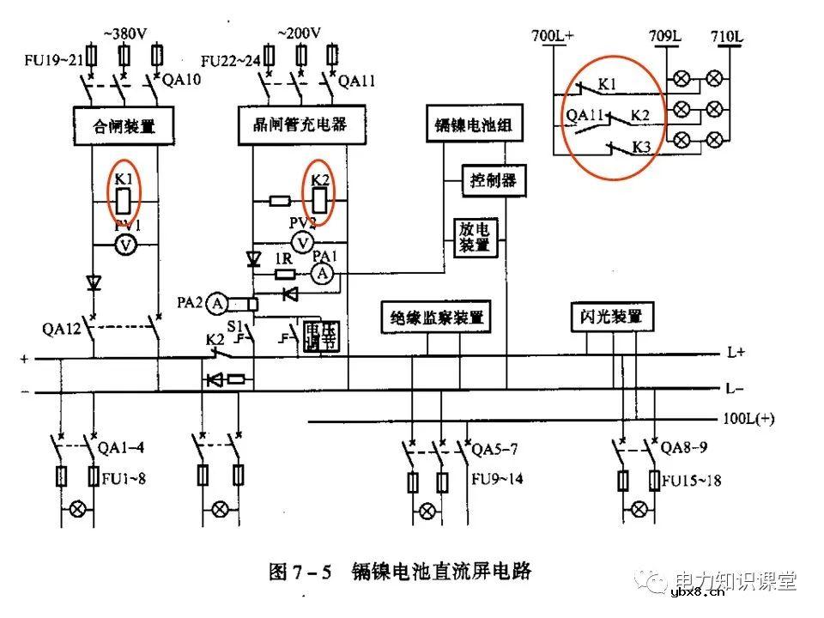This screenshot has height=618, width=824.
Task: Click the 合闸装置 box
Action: point(124,127)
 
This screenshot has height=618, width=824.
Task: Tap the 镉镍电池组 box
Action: point(470,125)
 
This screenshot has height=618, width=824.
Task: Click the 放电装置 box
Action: point(474,236)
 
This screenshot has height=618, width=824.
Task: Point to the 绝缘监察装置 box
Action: point(434,317)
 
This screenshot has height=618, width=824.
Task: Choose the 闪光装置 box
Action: point(606,317)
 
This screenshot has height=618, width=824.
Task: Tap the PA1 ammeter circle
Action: point(322,274)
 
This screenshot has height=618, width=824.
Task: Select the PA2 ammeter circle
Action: point(218,303)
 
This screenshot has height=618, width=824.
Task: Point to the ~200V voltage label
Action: point(299,33)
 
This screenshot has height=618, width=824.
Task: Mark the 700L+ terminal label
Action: point(553,36)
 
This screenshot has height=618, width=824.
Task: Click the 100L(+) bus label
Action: point(748,420)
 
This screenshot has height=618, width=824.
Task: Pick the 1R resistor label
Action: point(284,257)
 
